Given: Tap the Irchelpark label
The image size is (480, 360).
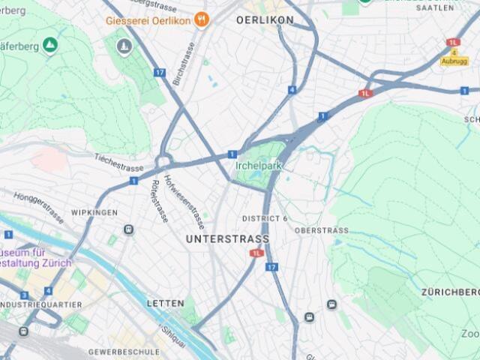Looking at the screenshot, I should point(260,166).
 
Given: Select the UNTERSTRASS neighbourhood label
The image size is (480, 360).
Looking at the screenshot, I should point(226,238).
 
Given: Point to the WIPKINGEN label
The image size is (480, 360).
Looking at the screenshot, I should point(94,213).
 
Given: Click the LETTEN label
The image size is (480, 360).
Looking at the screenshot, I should point(165,303).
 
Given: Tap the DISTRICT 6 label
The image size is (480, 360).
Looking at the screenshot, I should point(265,218).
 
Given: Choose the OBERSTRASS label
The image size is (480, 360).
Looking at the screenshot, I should point(321,230).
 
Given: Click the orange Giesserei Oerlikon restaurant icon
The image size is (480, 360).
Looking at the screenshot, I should point(201,19).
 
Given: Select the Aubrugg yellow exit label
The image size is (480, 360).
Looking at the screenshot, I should point(453,61).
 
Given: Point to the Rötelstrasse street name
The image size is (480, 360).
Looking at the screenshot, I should point(158,200).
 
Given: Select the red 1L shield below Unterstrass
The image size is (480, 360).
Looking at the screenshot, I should point(256,253).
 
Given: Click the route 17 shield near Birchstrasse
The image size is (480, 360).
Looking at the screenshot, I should point(159,73).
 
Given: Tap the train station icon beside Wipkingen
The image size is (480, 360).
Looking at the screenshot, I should point(129,229).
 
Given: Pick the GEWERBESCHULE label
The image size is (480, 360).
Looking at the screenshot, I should point(124,351).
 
